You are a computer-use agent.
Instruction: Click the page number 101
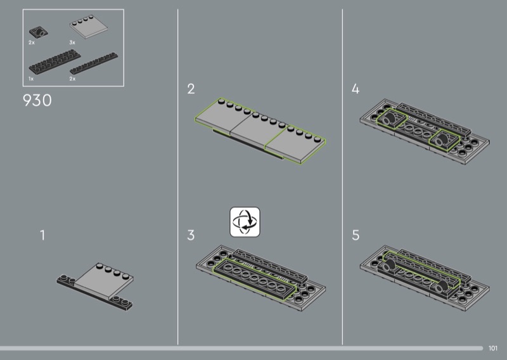point(493,348)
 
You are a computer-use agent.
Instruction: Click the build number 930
point(37,100)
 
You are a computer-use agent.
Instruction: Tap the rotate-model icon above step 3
point(245,222)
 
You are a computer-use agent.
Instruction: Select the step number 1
point(42,235)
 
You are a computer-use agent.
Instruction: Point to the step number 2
point(191,89)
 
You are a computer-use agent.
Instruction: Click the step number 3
point(191,235)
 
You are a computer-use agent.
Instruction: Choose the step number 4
point(356,89)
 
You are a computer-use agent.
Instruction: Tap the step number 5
point(356,235)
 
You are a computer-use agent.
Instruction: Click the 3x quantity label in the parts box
point(72,42)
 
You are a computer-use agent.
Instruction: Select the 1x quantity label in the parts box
point(31,79)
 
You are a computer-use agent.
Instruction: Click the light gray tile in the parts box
point(88,27)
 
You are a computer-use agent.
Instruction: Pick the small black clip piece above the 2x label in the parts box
point(39,32)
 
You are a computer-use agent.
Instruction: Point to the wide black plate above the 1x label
point(55,61)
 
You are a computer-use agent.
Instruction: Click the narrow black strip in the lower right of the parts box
point(94,63)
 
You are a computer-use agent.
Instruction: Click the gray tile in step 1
point(104,280)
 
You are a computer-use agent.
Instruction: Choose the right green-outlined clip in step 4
point(444,139)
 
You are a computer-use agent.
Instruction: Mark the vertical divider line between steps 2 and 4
point(342,177)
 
